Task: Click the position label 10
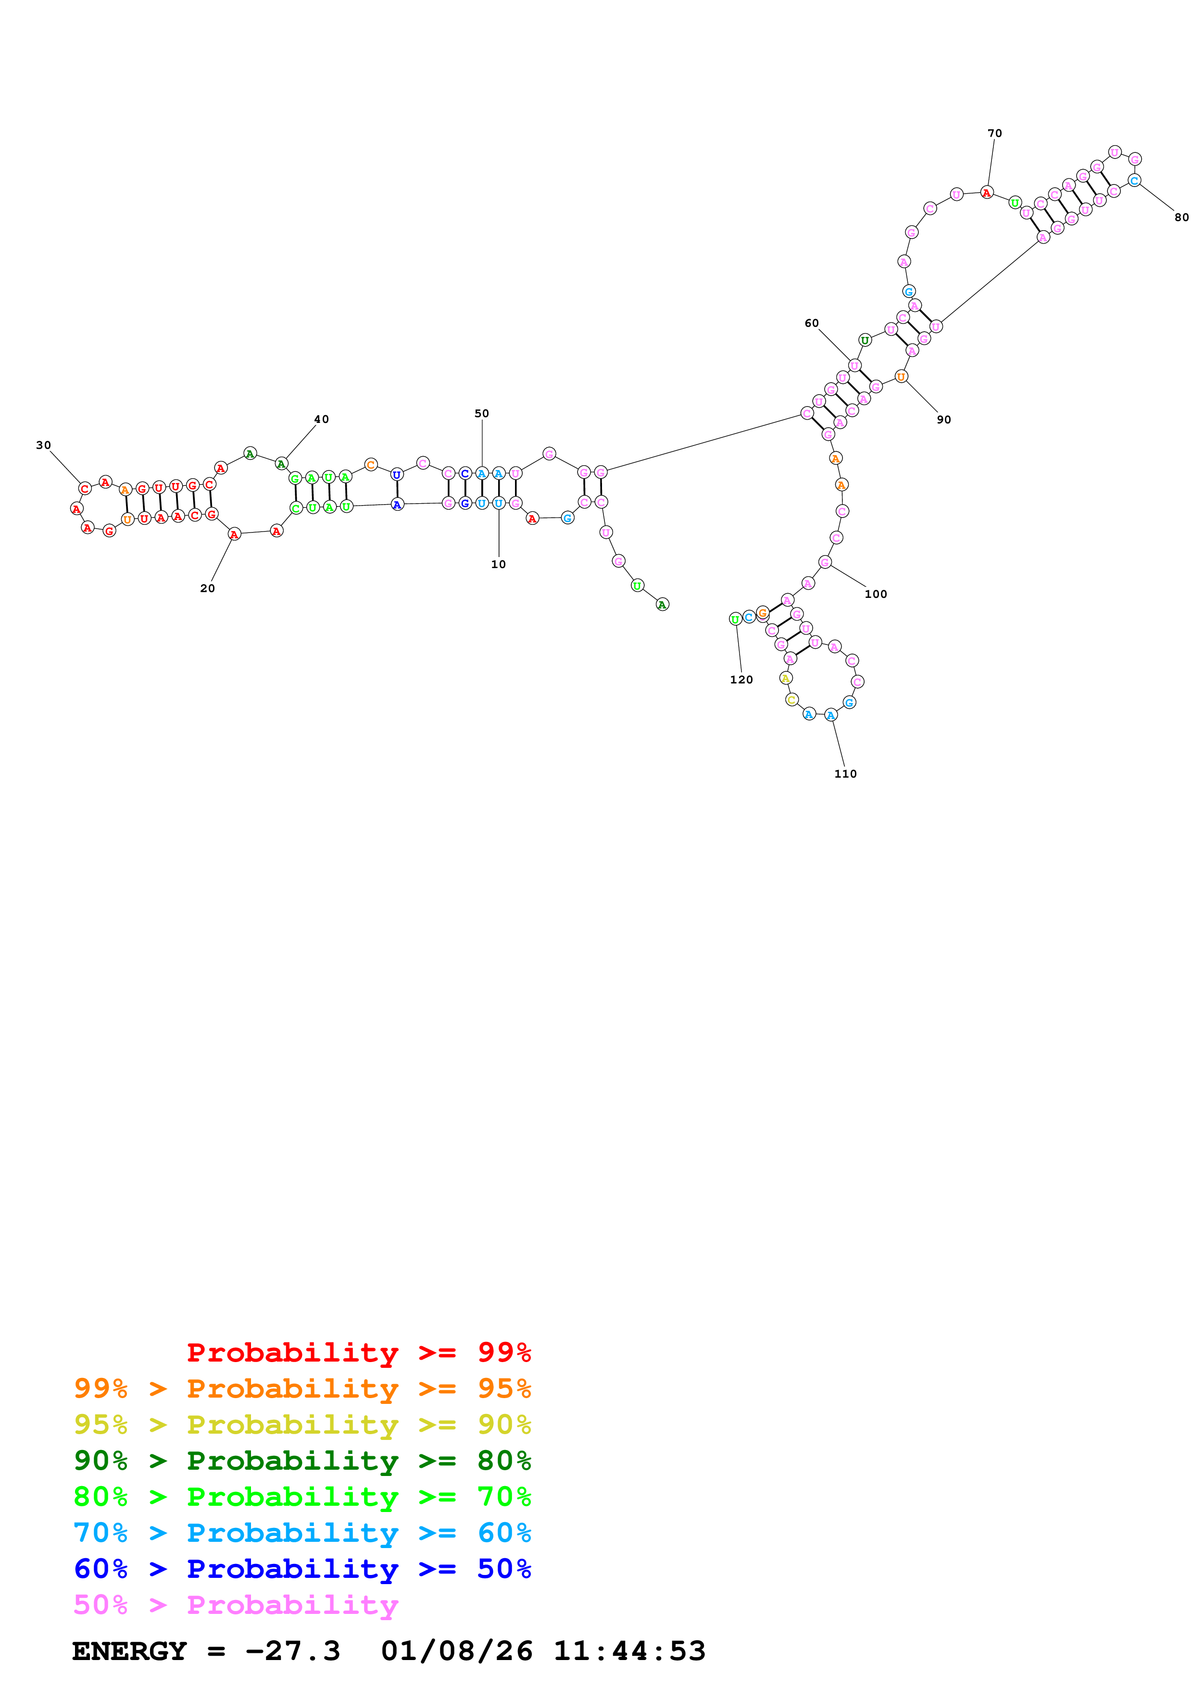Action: click(498, 564)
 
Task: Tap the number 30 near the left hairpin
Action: click(43, 445)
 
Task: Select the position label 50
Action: click(482, 413)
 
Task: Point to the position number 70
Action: click(994, 133)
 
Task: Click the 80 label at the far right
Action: click(1181, 217)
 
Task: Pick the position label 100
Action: click(876, 594)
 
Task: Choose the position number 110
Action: click(845, 773)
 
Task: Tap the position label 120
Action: click(741, 679)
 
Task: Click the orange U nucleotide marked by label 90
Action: click(901, 377)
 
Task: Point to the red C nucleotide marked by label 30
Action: click(85, 488)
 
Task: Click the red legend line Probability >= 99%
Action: click(358, 1352)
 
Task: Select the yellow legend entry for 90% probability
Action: click(302, 1424)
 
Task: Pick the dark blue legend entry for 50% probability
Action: click(302, 1569)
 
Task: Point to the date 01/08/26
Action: click(457, 1651)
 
